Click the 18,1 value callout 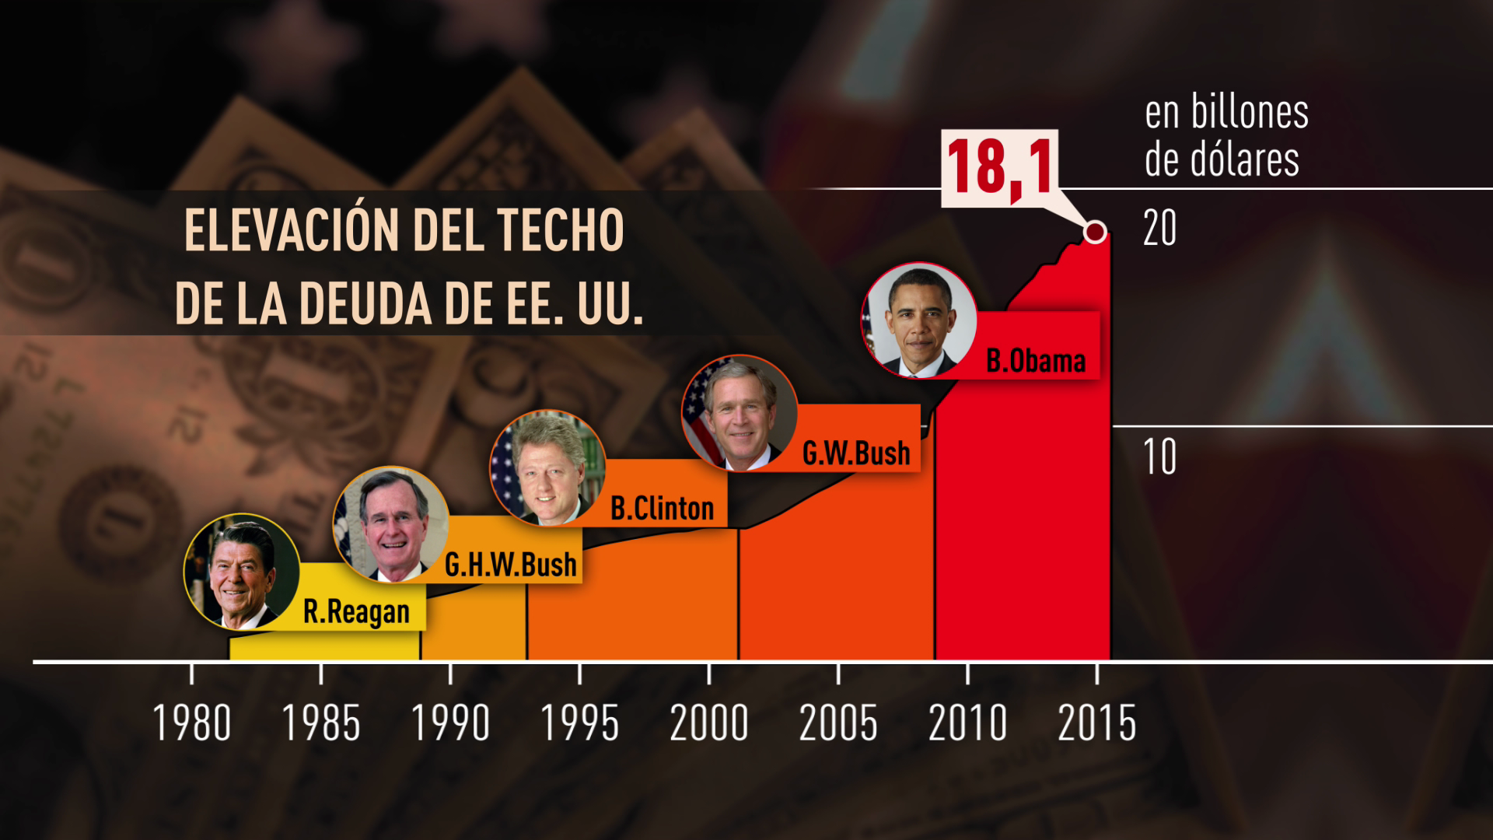click(1000, 168)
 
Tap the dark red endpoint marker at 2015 click(1095, 232)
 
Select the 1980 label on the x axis click(192, 723)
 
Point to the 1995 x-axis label click(579, 723)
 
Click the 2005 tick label click(838, 723)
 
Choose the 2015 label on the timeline click(1096, 723)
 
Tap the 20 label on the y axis click(1159, 229)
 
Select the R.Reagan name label click(356, 612)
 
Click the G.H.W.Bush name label click(511, 565)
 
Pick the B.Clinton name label click(662, 509)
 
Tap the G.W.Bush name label click(856, 453)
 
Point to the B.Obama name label click(1036, 361)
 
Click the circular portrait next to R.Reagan click(241, 571)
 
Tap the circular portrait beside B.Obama click(919, 320)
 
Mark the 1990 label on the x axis click(450, 723)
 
